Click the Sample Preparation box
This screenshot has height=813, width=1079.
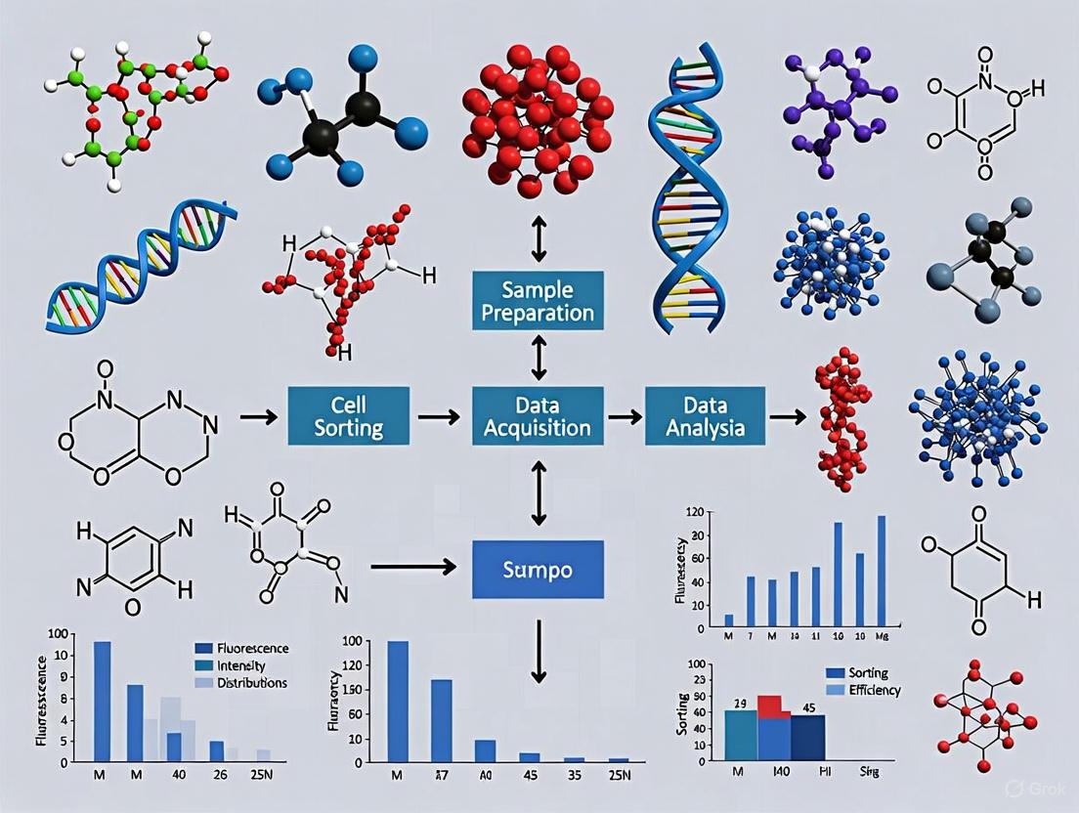(x=538, y=300)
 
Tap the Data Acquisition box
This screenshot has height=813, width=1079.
(x=538, y=415)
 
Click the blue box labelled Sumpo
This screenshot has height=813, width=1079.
(x=538, y=569)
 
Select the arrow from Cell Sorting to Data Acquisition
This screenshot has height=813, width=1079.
(x=438, y=417)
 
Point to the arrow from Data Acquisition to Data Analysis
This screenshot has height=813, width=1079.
(x=624, y=417)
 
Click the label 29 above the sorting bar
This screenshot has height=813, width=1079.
(x=740, y=704)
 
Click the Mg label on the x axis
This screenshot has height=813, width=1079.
(x=882, y=637)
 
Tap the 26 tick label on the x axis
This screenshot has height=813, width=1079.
(x=217, y=776)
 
